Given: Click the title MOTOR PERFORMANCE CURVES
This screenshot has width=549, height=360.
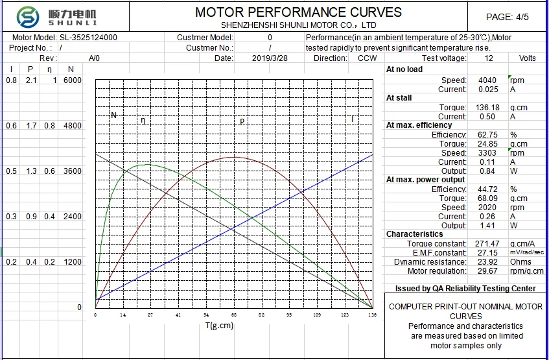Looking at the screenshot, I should point(298,12).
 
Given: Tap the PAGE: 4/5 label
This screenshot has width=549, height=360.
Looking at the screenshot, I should point(508,17).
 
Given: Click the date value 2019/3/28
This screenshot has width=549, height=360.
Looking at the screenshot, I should point(270,58).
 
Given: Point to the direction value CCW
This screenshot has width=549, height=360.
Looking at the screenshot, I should point(367,58).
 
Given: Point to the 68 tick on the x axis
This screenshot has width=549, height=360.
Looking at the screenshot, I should point(234,315).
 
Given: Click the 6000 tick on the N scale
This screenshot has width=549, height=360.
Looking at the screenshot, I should point(73,80).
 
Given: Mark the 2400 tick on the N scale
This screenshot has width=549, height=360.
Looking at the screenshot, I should point(73,217).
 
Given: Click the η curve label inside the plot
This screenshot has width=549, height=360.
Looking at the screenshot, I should point(143,120).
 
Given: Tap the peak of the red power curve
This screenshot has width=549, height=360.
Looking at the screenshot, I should point(234,157).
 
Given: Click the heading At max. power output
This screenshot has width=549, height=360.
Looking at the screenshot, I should point(425,180).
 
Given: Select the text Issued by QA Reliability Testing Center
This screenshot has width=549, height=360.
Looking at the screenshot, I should point(465,289).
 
